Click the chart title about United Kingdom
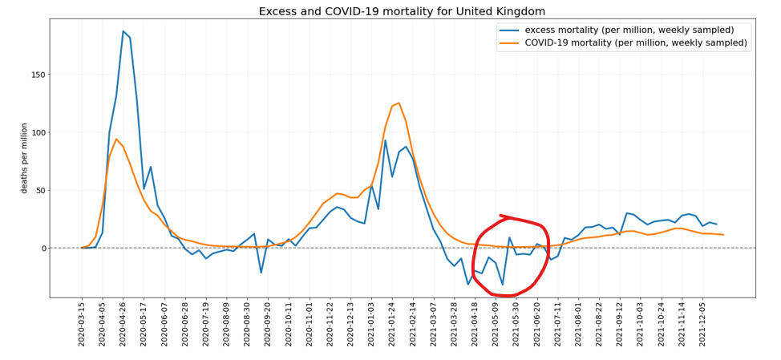point(402,11)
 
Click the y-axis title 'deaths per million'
point(24,158)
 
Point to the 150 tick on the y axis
point(37,75)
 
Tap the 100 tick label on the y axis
point(37,132)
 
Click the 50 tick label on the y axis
point(39,190)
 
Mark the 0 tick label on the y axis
point(42,249)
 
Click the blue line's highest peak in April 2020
point(123,31)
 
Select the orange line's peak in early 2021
point(399,103)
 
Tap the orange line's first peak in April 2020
point(116,139)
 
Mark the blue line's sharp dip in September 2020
point(261,273)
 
